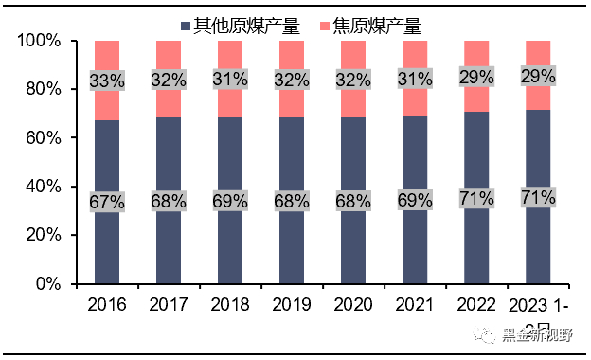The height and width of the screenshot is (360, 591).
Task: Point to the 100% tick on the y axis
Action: [39, 41]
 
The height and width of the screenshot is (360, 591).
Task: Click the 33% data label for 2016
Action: [107, 81]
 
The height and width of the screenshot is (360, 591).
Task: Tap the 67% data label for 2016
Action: [107, 201]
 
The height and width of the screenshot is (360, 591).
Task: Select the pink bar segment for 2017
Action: [169, 57]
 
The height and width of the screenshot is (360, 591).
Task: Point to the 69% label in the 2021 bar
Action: [415, 200]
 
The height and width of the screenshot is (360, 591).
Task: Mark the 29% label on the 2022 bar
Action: [476, 76]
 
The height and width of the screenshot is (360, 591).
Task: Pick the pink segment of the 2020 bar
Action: [353, 57]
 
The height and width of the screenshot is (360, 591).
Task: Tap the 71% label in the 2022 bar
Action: [476, 197]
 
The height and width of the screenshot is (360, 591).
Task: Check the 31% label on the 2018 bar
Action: [230, 80]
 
